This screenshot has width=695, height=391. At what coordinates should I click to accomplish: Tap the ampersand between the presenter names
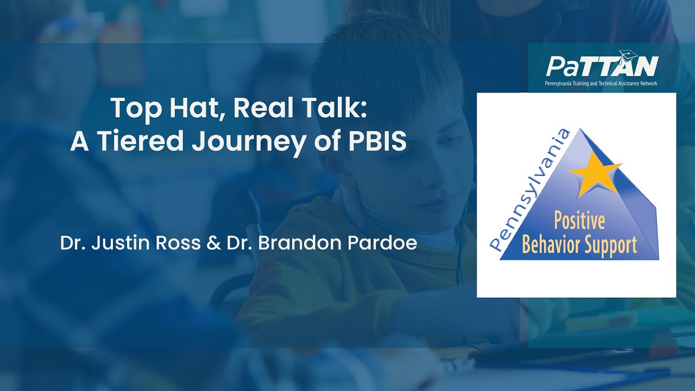coord(212,243)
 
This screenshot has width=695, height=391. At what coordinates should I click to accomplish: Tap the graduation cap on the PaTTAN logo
coord(629,54)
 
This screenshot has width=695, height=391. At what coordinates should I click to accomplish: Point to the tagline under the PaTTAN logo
coord(601,84)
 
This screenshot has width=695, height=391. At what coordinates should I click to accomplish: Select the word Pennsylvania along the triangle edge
coord(529,190)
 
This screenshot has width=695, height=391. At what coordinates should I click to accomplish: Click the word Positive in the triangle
coord(579,222)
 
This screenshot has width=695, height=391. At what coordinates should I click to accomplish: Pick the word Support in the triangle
coord(611,246)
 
